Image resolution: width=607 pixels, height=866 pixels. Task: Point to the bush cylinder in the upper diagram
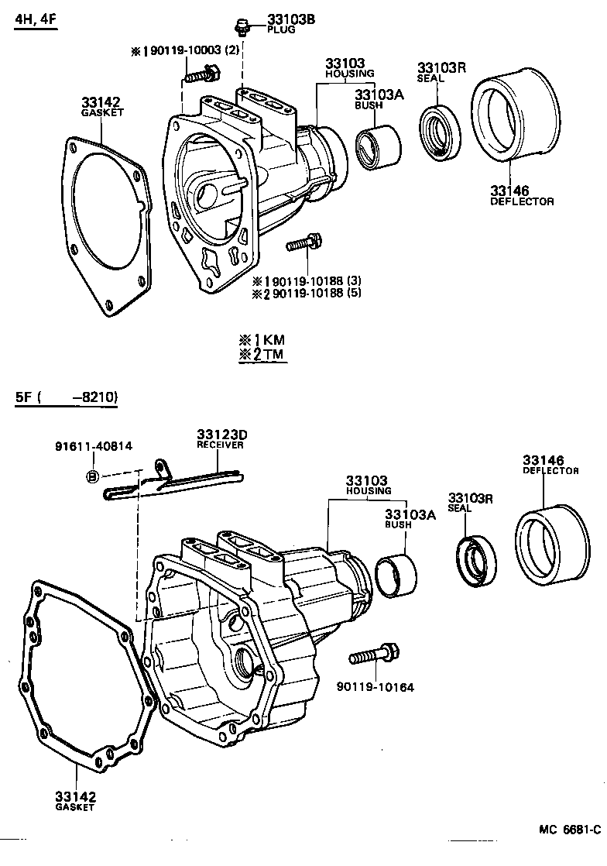(378, 146)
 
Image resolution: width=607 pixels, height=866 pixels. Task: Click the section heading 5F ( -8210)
(66, 398)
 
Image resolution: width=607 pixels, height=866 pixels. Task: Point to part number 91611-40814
(93, 447)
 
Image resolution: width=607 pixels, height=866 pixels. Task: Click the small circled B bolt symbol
(91, 476)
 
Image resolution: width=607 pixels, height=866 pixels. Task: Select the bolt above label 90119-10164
(374, 655)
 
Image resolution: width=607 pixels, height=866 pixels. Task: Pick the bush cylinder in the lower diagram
(396, 577)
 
